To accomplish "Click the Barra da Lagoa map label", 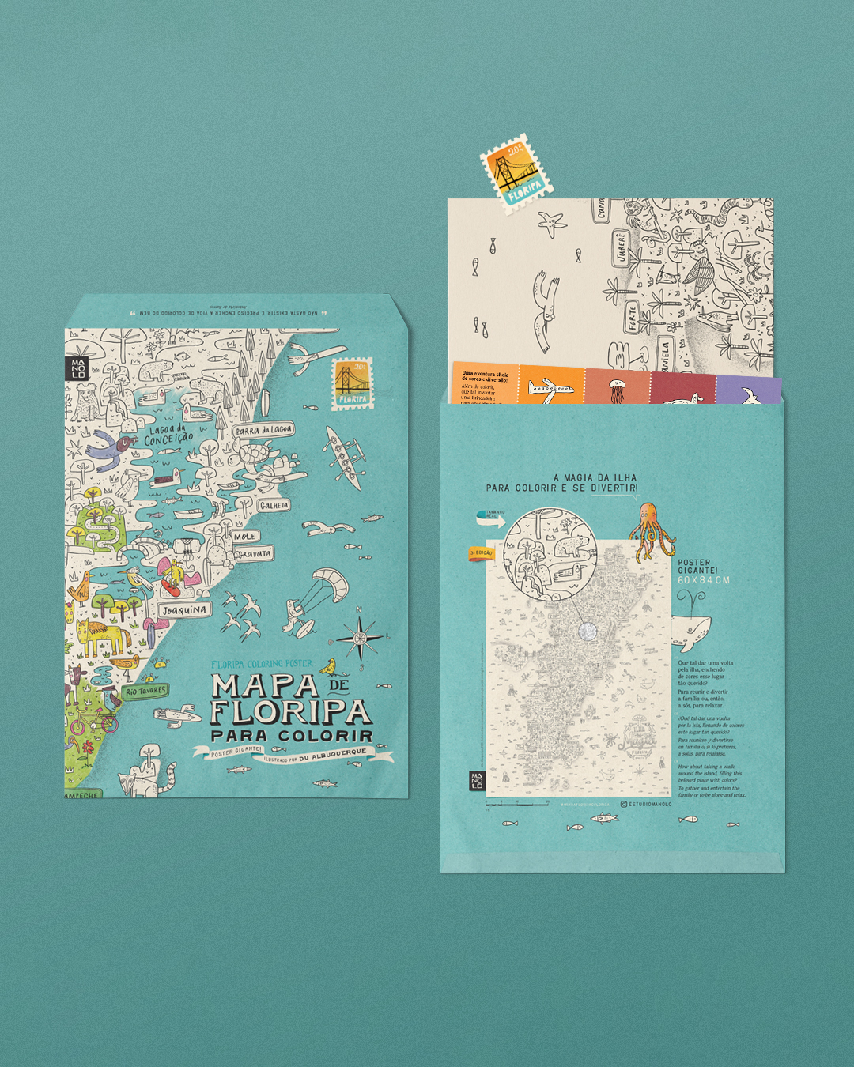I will [x=264, y=430].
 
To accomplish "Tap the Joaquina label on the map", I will [x=184, y=610].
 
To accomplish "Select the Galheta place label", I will [x=274, y=505].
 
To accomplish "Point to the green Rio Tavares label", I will [x=145, y=691].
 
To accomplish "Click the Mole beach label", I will [x=244, y=536].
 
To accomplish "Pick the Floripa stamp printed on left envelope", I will [x=352, y=383].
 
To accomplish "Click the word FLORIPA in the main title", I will [x=289, y=711].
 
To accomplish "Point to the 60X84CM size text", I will [x=703, y=580].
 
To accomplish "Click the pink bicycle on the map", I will [x=93, y=722].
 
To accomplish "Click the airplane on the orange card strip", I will [x=550, y=388].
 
